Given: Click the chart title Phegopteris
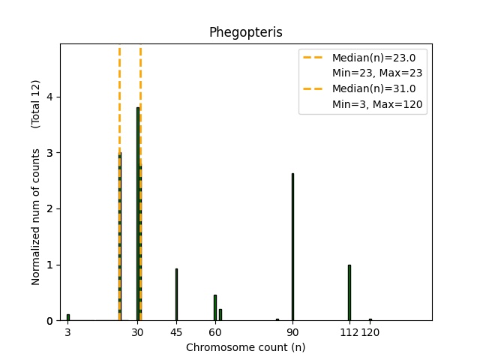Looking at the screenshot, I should click(245, 32).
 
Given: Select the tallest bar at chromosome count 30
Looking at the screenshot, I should click(137, 214).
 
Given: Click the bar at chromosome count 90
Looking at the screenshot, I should click(292, 247).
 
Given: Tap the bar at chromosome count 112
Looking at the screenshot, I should click(349, 292).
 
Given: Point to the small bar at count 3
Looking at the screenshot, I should click(67, 317).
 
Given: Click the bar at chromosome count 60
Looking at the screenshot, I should click(214, 307).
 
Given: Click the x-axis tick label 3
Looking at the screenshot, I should click(67, 332).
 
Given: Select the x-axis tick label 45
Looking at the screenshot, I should click(176, 332).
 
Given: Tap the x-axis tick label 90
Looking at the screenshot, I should click(292, 332).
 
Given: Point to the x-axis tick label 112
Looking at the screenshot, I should click(349, 332).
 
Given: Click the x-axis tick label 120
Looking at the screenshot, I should click(370, 332).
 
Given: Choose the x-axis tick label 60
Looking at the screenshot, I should click(214, 332).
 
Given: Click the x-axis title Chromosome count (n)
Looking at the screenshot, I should click(245, 347).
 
